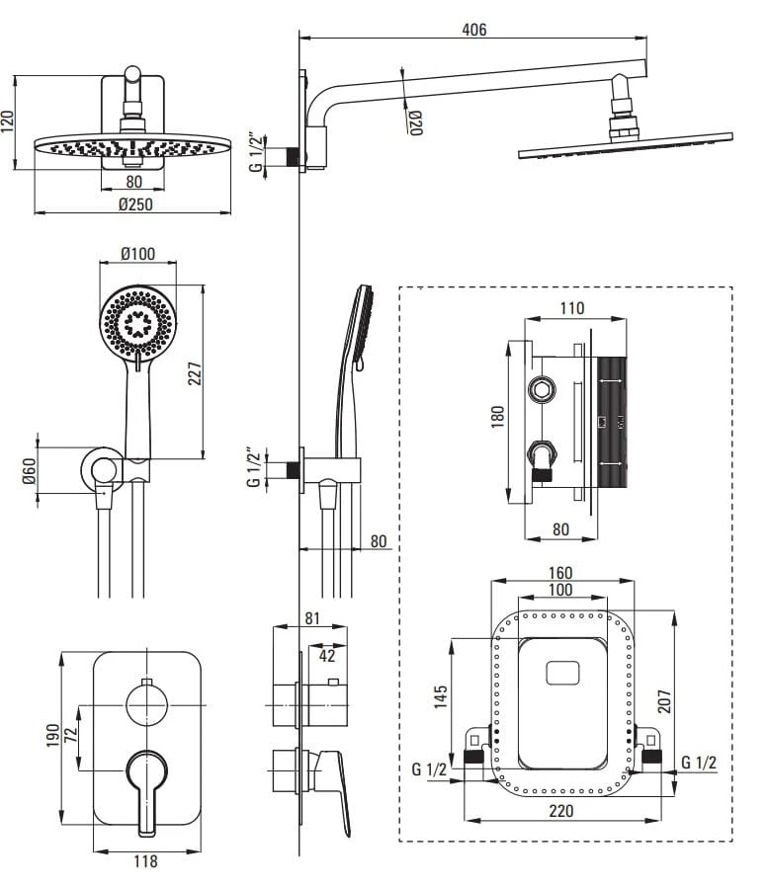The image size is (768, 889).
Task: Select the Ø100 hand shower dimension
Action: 137,254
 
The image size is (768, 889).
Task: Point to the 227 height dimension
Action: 195,372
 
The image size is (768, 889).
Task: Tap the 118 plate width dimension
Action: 145,861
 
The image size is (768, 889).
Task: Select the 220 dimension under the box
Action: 560,812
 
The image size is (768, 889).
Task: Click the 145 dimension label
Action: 441,697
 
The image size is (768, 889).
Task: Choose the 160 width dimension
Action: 560,573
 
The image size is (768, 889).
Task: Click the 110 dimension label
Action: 572,308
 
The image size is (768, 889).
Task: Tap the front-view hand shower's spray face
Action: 137,323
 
